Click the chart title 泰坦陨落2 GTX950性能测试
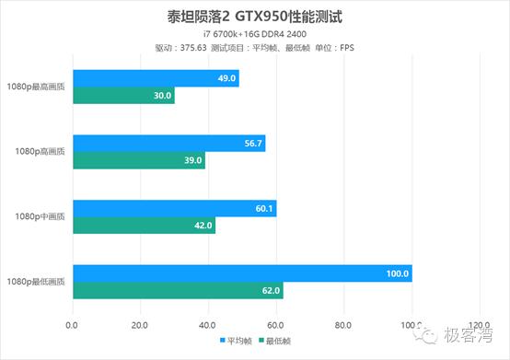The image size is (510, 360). click(254, 16)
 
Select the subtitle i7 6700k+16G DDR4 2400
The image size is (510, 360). click(254, 34)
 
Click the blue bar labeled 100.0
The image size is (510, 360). click(242, 274)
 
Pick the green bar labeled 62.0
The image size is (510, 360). click(178, 291)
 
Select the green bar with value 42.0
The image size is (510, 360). click(144, 226)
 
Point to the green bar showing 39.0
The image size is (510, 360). click(139, 160)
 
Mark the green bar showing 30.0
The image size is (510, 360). click(123, 95)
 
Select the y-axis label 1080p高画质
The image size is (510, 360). click(42, 152)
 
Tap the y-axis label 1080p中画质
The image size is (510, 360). click(42, 217)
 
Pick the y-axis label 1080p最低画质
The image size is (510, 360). click(39, 283)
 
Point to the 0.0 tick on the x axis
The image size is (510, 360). click(73, 324)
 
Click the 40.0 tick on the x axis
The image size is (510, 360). click(208, 324)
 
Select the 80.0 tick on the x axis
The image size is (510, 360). click(343, 324)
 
